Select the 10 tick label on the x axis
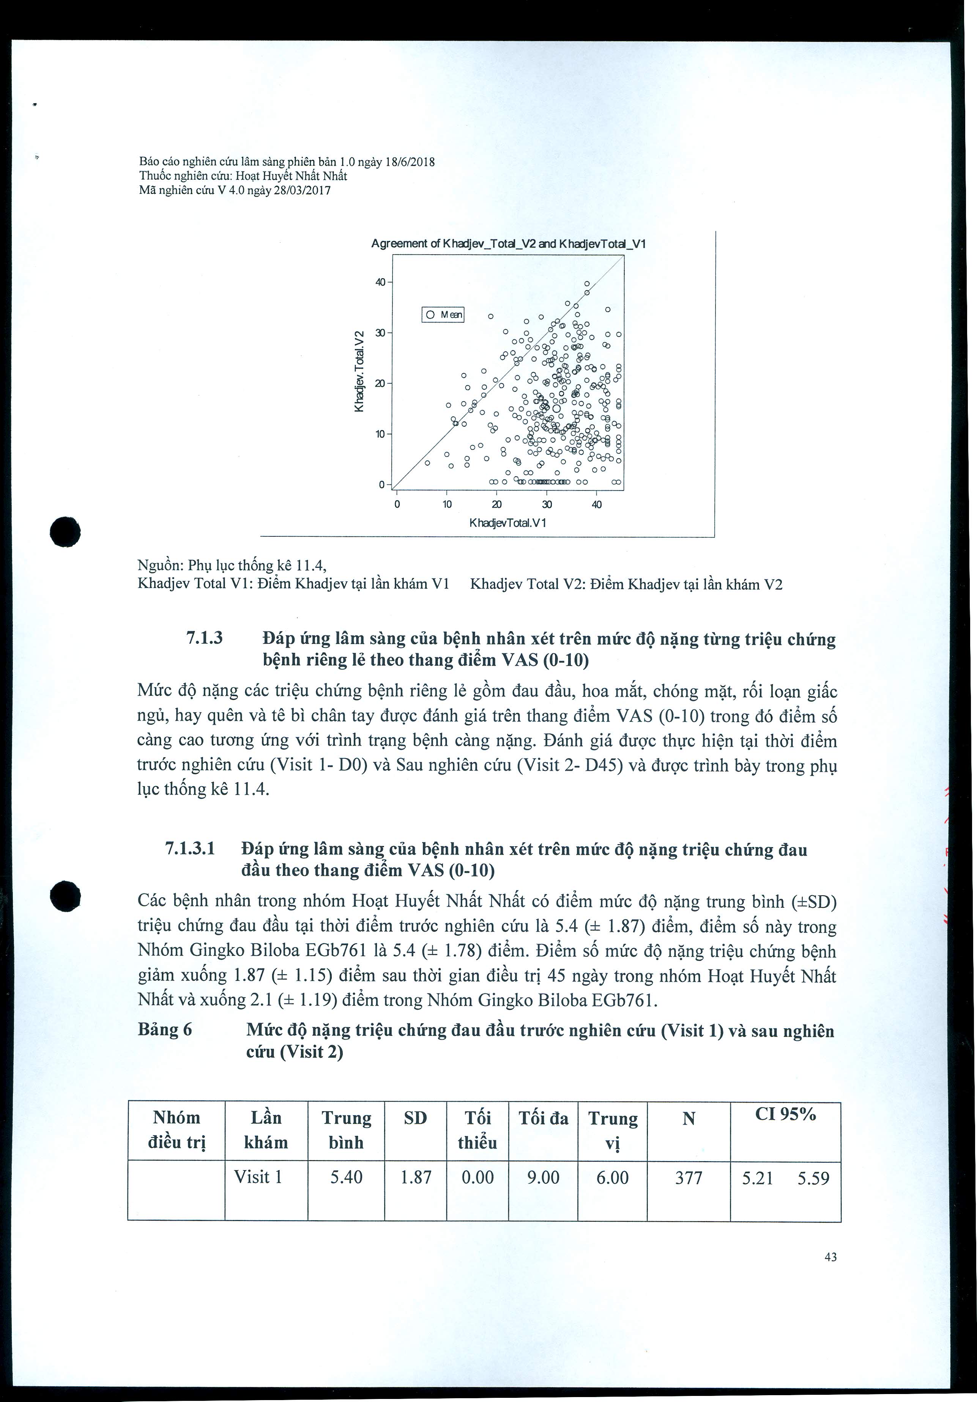pos(447,505)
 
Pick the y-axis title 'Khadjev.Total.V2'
pos(360,371)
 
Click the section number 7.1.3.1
pos(190,849)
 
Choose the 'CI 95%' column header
pos(785,1114)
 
